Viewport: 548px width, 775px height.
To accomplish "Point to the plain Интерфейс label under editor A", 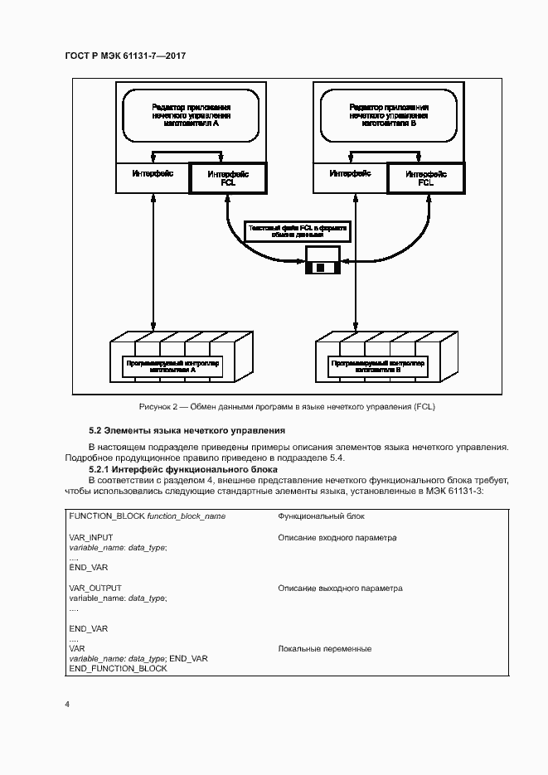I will click(x=152, y=174).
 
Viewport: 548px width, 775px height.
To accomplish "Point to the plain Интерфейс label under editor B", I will click(x=348, y=174).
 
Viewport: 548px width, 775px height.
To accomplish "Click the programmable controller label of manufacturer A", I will click(x=174, y=366).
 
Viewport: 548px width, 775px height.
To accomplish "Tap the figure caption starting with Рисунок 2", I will click(x=287, y=407).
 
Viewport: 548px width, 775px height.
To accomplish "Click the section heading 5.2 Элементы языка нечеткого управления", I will click(x=187, y=431).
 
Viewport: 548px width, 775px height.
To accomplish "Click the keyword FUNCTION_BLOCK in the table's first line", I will click(x=107, y=516).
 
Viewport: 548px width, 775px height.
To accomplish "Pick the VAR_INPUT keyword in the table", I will click(x=91, y=538).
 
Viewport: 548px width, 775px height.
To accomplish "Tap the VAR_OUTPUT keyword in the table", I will click(x=95, y=589).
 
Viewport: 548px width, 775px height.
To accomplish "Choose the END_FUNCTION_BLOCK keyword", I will click(x=118, y=668).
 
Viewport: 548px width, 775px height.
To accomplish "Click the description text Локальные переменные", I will click(x=324, y=649).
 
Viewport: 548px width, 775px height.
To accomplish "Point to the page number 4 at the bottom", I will click(x=68, y=704).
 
